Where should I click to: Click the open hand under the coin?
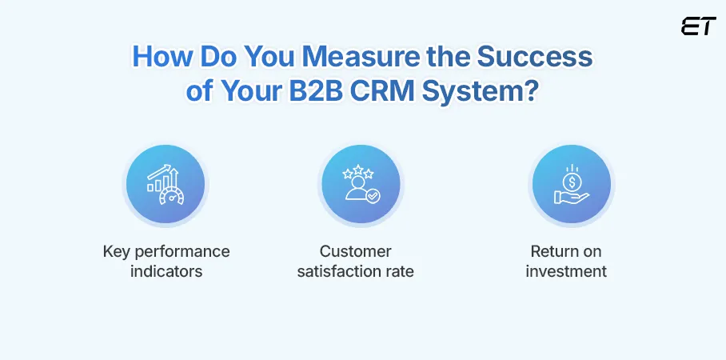[x=571, y=196]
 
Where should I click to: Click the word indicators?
[x=166, y=271]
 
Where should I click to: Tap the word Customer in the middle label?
[x=356, y=252]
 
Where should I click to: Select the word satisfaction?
[x=337, y=271]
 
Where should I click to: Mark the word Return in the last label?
[x=552, y=252]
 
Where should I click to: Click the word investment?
[x=566, y=271]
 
